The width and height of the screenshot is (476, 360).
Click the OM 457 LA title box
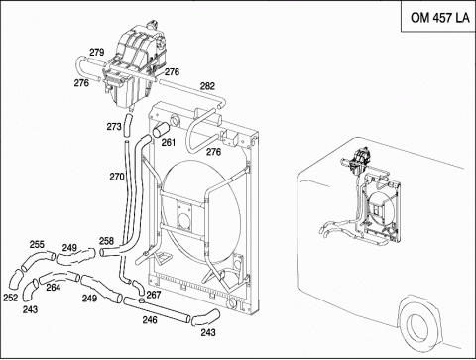pyautogui.click(x=438, y=16)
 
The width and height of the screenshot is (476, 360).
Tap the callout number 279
pyautogui.click(x=97, y=52)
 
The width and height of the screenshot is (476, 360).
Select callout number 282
pyautogui.click(x=207, y=86)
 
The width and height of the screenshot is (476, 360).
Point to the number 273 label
pyautogui.click(x=114, y=126)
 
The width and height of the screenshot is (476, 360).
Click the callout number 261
pyautogui.click(x=169, y=142)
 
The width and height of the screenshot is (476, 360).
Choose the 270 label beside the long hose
pyautogui.click(x=117, y=177)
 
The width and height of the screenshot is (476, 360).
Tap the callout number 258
pyautogui.click(x=106, y=241)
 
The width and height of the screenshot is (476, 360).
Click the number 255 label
pyautogui.click(x=37, y=244)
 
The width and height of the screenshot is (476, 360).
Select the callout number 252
pyautogui.click(x=11, y=298)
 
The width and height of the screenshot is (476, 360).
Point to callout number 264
pyautogui.click(x=54, y=287)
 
